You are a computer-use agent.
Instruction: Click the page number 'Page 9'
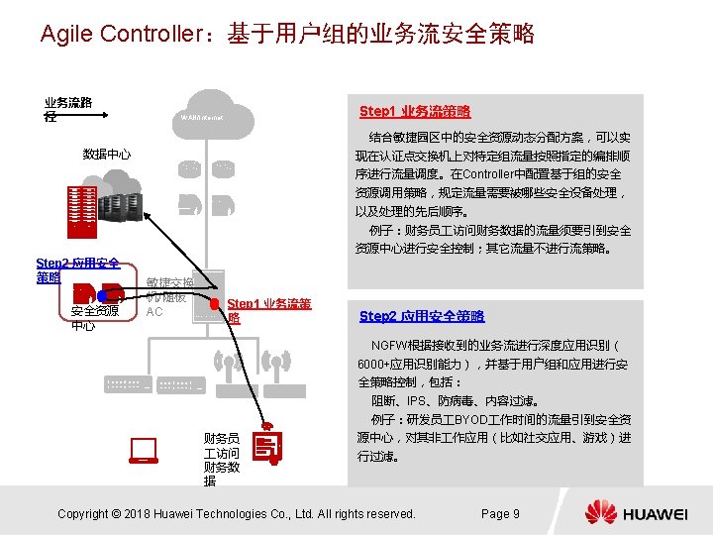[500, 513]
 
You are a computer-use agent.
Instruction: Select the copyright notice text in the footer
[237, 513]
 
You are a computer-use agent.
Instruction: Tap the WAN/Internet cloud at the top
[204, 117]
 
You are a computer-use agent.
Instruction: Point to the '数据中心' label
[107, 155]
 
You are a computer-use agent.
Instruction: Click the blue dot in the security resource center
[102, 294]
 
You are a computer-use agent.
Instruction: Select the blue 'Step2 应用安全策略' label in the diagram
[77, 269]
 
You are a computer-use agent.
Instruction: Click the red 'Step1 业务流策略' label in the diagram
[268, 310]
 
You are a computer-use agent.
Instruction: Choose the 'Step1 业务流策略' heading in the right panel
[415, 111]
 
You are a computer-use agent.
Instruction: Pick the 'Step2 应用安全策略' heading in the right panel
[422, 316]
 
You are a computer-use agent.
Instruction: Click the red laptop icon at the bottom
[144, 452]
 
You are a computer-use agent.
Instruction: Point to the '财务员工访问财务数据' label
[220, 459]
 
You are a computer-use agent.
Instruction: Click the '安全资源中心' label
[95, 318]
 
